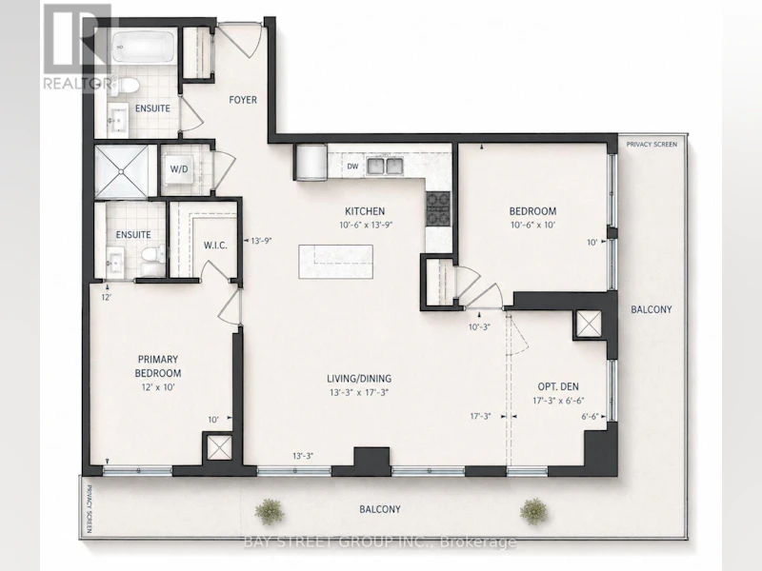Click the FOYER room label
click(243, 100)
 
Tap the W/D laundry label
click(179, 169)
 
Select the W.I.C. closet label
click(215, 246)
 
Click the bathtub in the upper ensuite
click(144, 47)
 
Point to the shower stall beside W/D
click(122, 171)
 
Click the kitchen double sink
click(385, 166)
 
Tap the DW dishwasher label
click(352, 166)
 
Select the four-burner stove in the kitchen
click(438, 209)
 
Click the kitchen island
click(336, 262)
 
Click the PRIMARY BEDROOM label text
click(158, 366)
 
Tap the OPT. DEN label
click(558, 386)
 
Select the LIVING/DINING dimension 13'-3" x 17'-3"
click(359, 392)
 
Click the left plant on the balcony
click(269, 511)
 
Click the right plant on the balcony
click(533, 511)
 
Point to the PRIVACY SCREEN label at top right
click(652, 145)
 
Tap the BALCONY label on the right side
click(652, 309)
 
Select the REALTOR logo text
click(77, 84)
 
